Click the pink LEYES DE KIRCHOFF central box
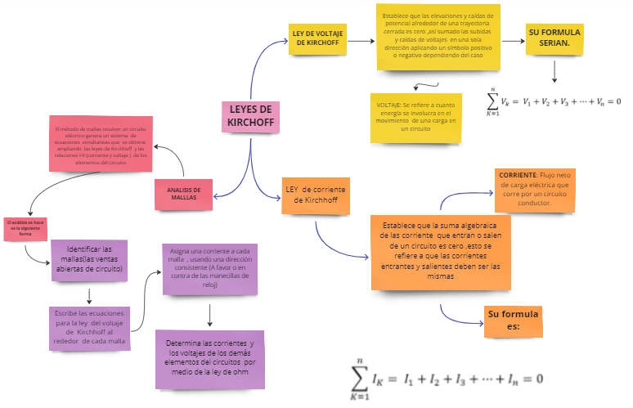tap(249, 117)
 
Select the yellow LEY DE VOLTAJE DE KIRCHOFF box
tap(317, 37)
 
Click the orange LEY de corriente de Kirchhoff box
tap(315, 195)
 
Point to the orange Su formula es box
tap(513, 320)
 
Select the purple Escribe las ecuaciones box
tap(89, 327)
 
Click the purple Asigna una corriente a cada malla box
tap(210, 268)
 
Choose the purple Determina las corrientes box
tap(210, 358)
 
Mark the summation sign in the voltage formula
tap(493, 102)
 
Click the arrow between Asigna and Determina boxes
tap(211, 315)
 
